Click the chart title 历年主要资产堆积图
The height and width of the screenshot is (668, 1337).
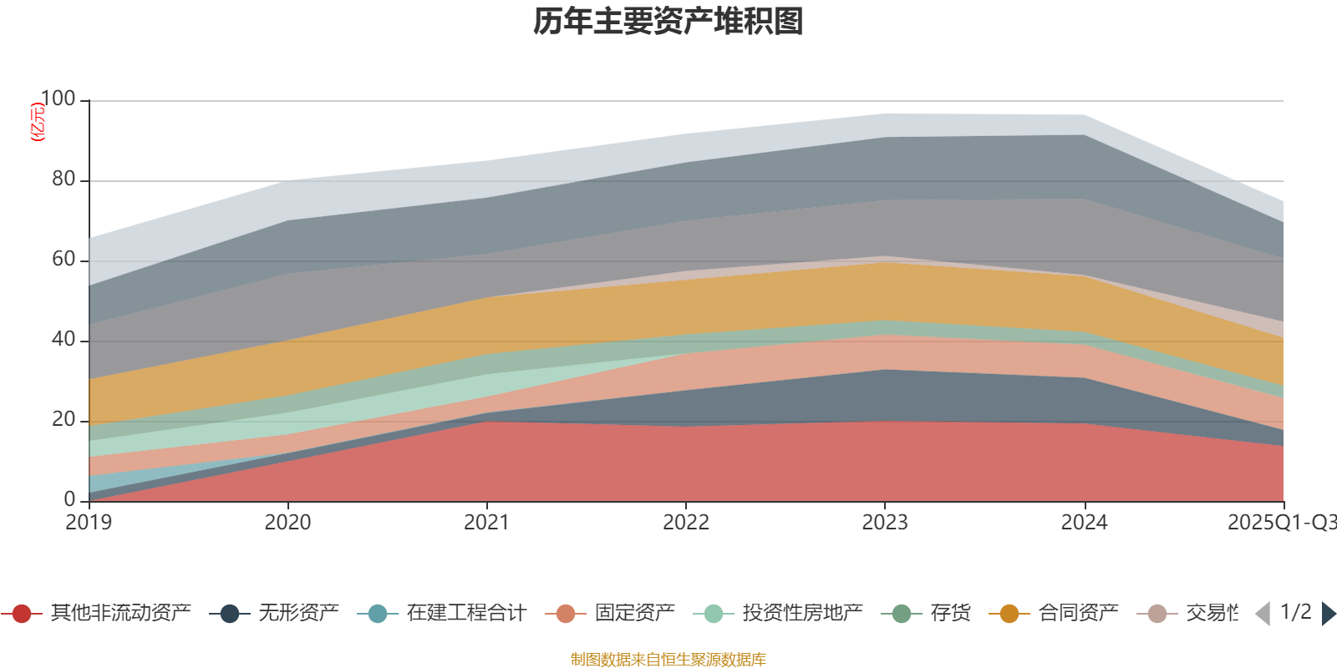coord(668,22)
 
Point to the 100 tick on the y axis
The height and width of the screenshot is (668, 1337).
coord(58,99)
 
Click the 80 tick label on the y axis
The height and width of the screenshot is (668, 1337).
coord(64,180)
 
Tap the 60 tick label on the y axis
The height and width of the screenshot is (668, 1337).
coord(64,260)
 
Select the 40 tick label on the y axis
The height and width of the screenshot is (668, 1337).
coord(64,340)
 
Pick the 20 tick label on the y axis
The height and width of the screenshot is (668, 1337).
coord(64,420)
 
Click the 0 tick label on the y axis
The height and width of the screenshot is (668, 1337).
coord(69,499)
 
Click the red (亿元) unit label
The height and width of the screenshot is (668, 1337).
coord(37,122)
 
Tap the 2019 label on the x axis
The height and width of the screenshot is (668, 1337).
coord(89,523)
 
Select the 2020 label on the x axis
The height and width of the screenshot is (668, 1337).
coord(287,523)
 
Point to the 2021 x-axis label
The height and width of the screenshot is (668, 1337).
coord(486,523)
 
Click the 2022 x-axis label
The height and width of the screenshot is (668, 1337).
coord(685,523)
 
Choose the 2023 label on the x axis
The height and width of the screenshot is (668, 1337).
coord(884,523)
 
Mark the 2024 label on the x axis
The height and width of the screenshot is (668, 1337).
coord(1084,523)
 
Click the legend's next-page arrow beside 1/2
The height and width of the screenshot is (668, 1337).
coord(1328,614)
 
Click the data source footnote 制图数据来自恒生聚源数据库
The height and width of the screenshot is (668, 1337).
coord(668,660)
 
